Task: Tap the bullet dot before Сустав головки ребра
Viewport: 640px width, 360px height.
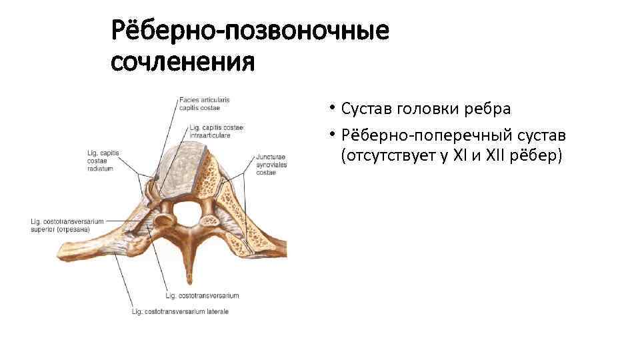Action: click(331, 109)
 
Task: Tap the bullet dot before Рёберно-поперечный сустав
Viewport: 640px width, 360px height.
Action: click(331, 136)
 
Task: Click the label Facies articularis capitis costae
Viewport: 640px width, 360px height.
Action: click(203, 103)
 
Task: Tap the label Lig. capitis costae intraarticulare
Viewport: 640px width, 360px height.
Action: click(216, 131)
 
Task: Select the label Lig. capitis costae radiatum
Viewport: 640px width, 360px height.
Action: click(103, 161)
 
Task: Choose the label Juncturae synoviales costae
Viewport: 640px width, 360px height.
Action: click(271, 165)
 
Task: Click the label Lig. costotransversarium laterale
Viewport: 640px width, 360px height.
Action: click(181, 311)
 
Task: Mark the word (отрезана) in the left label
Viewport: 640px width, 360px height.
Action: click(75, 229)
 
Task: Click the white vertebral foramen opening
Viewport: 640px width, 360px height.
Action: click(187, 213)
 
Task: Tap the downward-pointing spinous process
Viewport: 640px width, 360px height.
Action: click(189, 267)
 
